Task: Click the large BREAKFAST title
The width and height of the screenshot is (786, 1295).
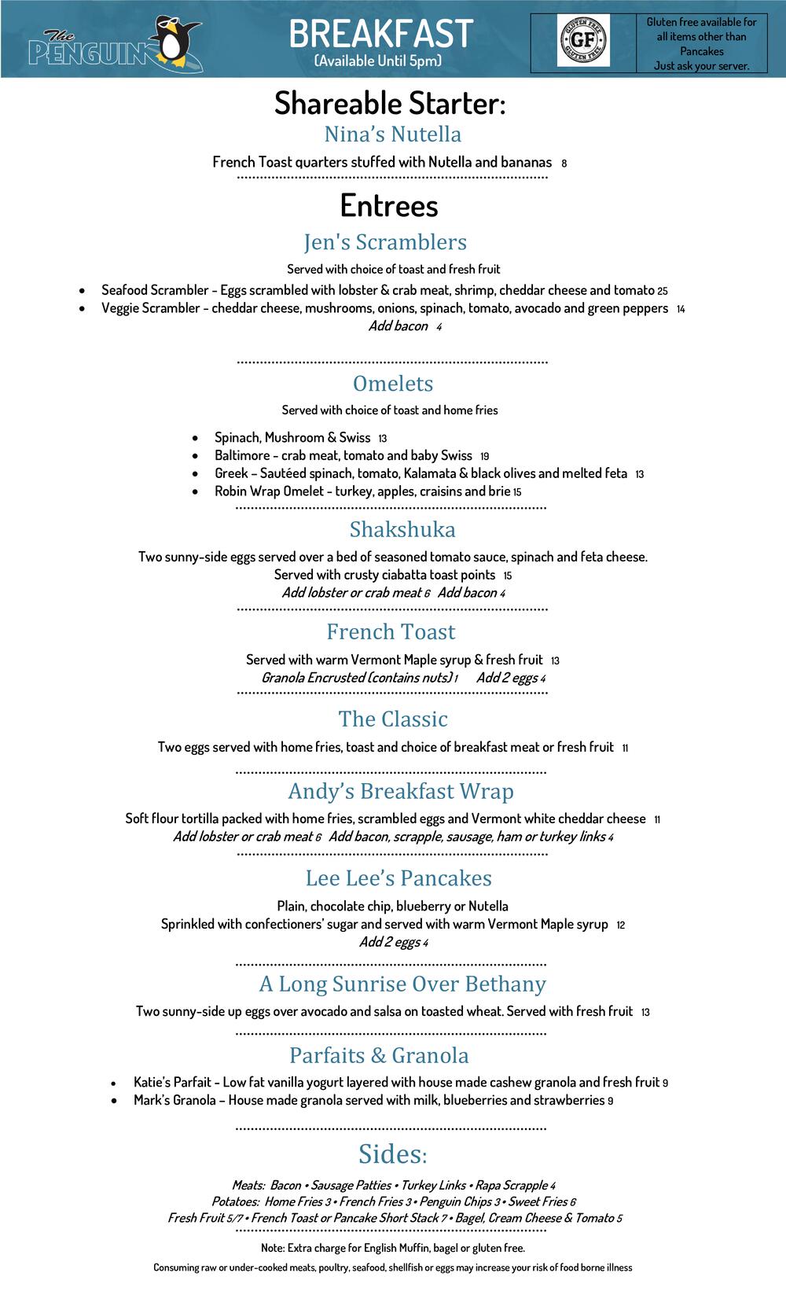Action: tap(381, 34)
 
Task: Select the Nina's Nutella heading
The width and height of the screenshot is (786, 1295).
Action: tap(392, 134)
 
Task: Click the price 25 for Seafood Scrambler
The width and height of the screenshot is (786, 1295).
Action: tap(663, 291)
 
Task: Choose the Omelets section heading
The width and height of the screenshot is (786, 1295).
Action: tap(393, 384)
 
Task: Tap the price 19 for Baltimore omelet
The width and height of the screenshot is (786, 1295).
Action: tap(484, 457)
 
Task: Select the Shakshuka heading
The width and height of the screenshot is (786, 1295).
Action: tap(402, 529)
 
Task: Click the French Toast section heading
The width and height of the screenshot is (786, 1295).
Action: tap(391, 632)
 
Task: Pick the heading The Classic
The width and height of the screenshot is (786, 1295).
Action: tap(393, 719)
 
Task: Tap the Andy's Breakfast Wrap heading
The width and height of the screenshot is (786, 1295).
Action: tap(401, 792)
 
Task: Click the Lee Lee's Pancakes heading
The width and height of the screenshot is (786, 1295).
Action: tap(399, 878)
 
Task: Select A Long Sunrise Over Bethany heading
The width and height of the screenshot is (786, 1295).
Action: tap(402, 984)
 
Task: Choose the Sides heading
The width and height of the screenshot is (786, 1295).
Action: tap(392, 1154)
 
